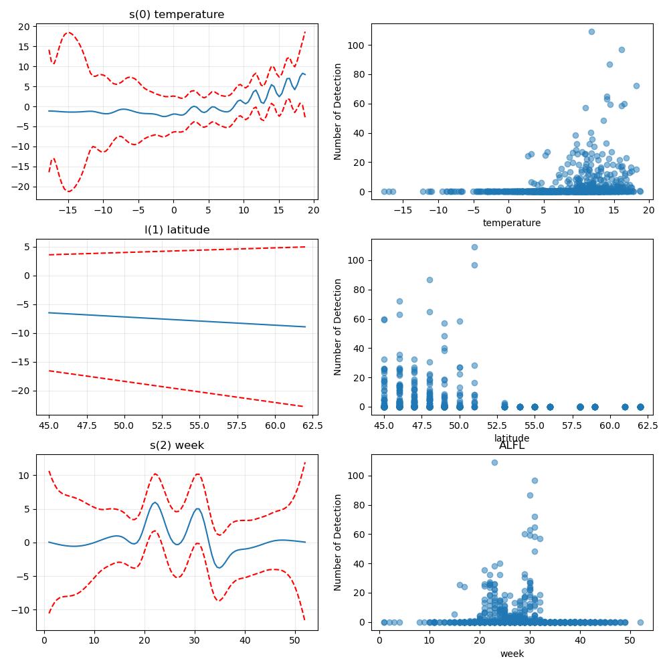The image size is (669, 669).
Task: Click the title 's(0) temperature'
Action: tap(177, 15)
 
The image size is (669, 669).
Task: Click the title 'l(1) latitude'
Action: tap(177, 230)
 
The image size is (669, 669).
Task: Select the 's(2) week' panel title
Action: tap(177, 446)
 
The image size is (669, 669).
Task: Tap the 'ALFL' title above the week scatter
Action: tap(512, 446)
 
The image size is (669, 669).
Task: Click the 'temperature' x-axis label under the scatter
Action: tap(512, 223)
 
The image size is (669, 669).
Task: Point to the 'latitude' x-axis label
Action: tap(512, 438)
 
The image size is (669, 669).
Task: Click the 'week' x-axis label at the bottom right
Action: tap(512, 654)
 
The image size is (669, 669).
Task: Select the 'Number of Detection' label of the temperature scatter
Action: tap(337, 112)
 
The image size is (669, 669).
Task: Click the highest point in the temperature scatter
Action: tap(592, 32)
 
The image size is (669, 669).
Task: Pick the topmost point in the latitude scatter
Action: tap(474, 248)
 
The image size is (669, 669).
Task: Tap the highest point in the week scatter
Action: tap(494, 462)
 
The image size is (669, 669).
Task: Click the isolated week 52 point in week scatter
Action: tap(640, 622)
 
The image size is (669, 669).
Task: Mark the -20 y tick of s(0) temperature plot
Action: tap(24, 187)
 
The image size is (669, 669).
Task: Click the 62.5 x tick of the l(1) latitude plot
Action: tap(312, 425)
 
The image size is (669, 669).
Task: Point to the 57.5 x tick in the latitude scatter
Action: tap(572, 425)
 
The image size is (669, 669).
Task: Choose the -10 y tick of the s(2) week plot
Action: tap(24, 610)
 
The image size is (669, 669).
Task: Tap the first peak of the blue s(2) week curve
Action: tap(155, 502)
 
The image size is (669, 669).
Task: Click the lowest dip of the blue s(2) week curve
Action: tap(219, 567)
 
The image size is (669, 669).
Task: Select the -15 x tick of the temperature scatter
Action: tap(403, 210)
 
